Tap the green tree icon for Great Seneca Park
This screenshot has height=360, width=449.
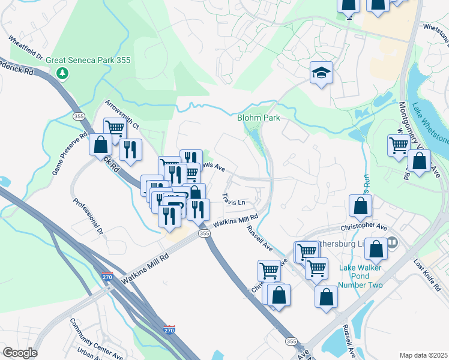pos(62,73)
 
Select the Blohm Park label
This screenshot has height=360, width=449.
pos(259,118)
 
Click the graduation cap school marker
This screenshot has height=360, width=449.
pos(321,74)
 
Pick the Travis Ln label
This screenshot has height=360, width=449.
pos(234,200)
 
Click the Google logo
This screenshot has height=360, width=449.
pos(20,352)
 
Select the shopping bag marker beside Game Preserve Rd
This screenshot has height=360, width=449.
pos(100,144)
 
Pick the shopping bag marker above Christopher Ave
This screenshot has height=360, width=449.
pos(360,206)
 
